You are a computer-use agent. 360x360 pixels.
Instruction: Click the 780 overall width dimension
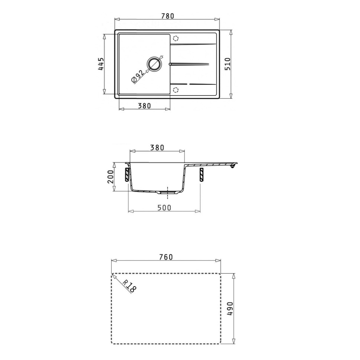[168, 16]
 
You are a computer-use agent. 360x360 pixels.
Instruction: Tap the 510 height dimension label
[228, 64]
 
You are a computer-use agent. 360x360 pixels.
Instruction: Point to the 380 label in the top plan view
[144, 106]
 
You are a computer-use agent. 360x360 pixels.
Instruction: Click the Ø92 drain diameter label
[138, 76]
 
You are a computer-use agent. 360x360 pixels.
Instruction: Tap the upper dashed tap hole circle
[176, 38]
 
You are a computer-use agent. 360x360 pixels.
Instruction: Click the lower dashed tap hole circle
[176, 89]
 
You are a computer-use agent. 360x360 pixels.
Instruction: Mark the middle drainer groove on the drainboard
[191, 64]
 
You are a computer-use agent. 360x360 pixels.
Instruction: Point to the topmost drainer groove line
[193, 45]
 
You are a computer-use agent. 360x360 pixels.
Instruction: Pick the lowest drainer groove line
[193, 84]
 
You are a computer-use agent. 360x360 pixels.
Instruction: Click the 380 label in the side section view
[157, 147]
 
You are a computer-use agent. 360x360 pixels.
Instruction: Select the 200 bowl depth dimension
[110, 177]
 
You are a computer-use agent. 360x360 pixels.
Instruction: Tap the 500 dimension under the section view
[164, 208]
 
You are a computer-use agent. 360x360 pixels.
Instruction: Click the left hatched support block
[127, 174]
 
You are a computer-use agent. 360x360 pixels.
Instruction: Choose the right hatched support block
[202, 174]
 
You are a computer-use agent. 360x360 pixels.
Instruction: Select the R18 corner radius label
[129, 286]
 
